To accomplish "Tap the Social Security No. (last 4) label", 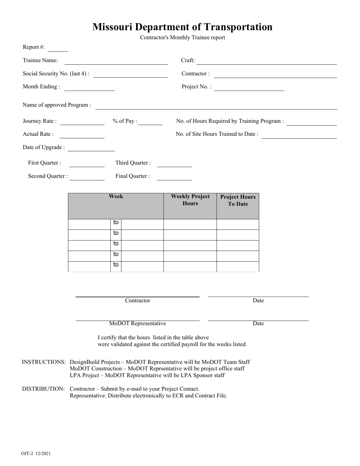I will tap(56, 74).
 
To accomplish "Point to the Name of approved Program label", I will tap(57, 105).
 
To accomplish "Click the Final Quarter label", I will tap(133, 176).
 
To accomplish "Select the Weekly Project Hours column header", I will tap(190, 200).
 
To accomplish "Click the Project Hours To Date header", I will tap(238, 200).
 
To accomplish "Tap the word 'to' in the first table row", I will tap(116, 223).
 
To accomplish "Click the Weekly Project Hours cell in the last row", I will tap(190, 266).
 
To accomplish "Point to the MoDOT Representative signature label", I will tap(138, 324).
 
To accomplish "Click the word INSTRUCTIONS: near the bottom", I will tap(44, 362).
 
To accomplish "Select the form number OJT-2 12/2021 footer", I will tap(36, 453).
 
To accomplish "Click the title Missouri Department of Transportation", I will tap(182, 27).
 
